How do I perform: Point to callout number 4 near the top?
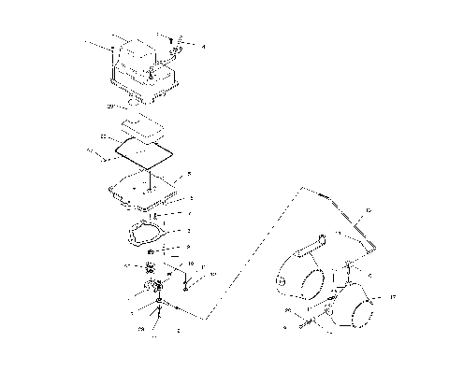coord(205,46)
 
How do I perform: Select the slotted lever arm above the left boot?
coord(312,245)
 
